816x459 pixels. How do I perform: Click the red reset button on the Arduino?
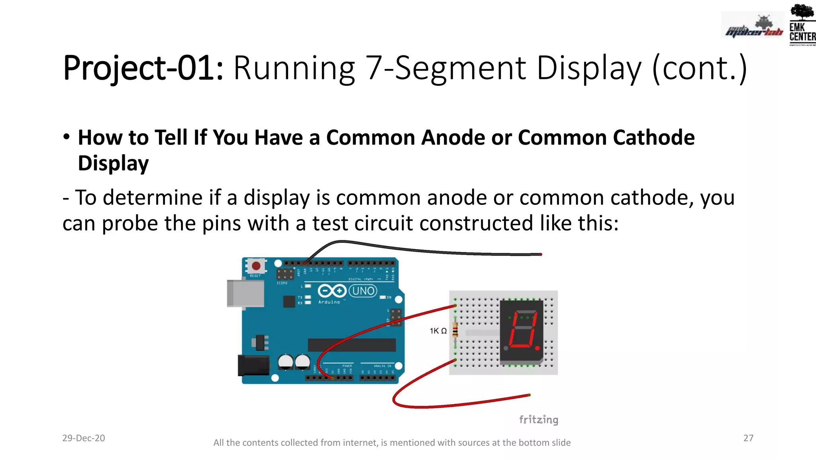(256, 266)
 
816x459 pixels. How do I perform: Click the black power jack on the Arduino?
(253, 365)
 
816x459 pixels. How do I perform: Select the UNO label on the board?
(363, 291)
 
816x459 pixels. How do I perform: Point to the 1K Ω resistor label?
(438, 331)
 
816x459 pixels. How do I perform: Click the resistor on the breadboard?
(455, 331)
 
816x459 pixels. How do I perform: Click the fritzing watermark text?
(538, 420)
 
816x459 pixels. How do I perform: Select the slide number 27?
(748, 438)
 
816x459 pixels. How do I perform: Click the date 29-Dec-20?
(84, 438)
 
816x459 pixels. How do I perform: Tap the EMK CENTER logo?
(802, 26)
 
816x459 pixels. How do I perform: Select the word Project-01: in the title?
(143, 68)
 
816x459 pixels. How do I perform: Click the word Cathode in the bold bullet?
(653, 137)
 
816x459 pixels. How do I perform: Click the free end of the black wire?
(540, 254)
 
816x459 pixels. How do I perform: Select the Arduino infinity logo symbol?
(331, 291)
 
